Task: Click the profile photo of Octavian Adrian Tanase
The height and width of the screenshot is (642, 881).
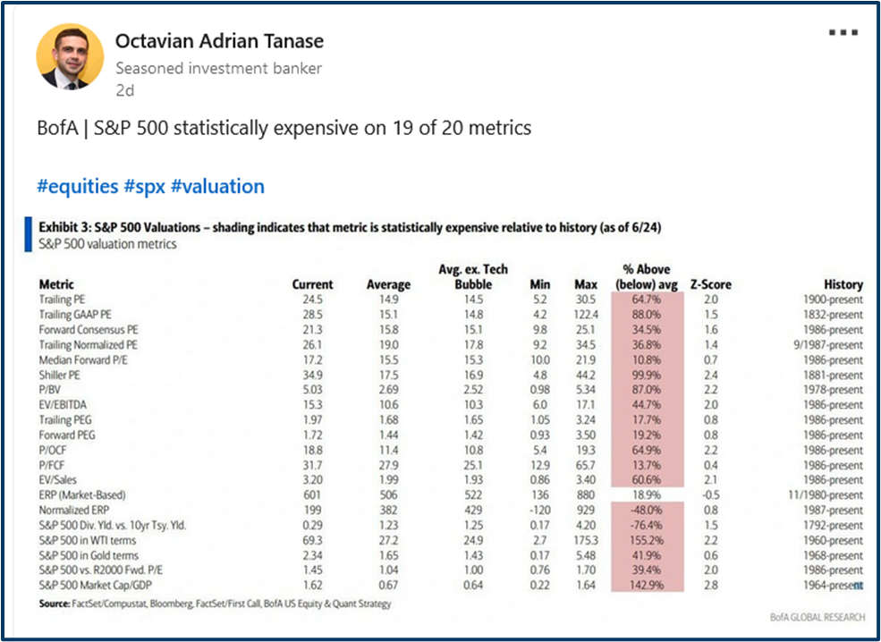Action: (63, 57)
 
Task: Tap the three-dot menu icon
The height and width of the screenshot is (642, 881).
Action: (843, 32)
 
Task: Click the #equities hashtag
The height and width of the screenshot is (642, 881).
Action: (77, 186)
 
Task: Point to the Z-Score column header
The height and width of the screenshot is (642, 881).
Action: (710, 284)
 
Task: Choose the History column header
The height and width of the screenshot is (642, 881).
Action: (843, 284)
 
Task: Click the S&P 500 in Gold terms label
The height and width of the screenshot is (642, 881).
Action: (82, 555)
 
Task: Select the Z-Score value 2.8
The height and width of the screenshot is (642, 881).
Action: (710, 585)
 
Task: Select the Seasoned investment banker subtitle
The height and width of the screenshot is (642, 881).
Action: (218, 68)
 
